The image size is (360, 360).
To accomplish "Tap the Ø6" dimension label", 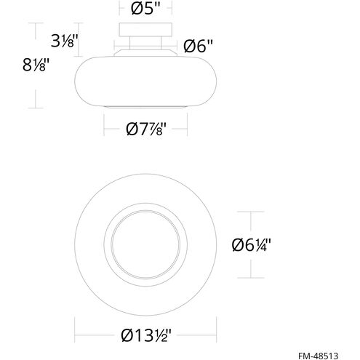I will click(x=196, y=46).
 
